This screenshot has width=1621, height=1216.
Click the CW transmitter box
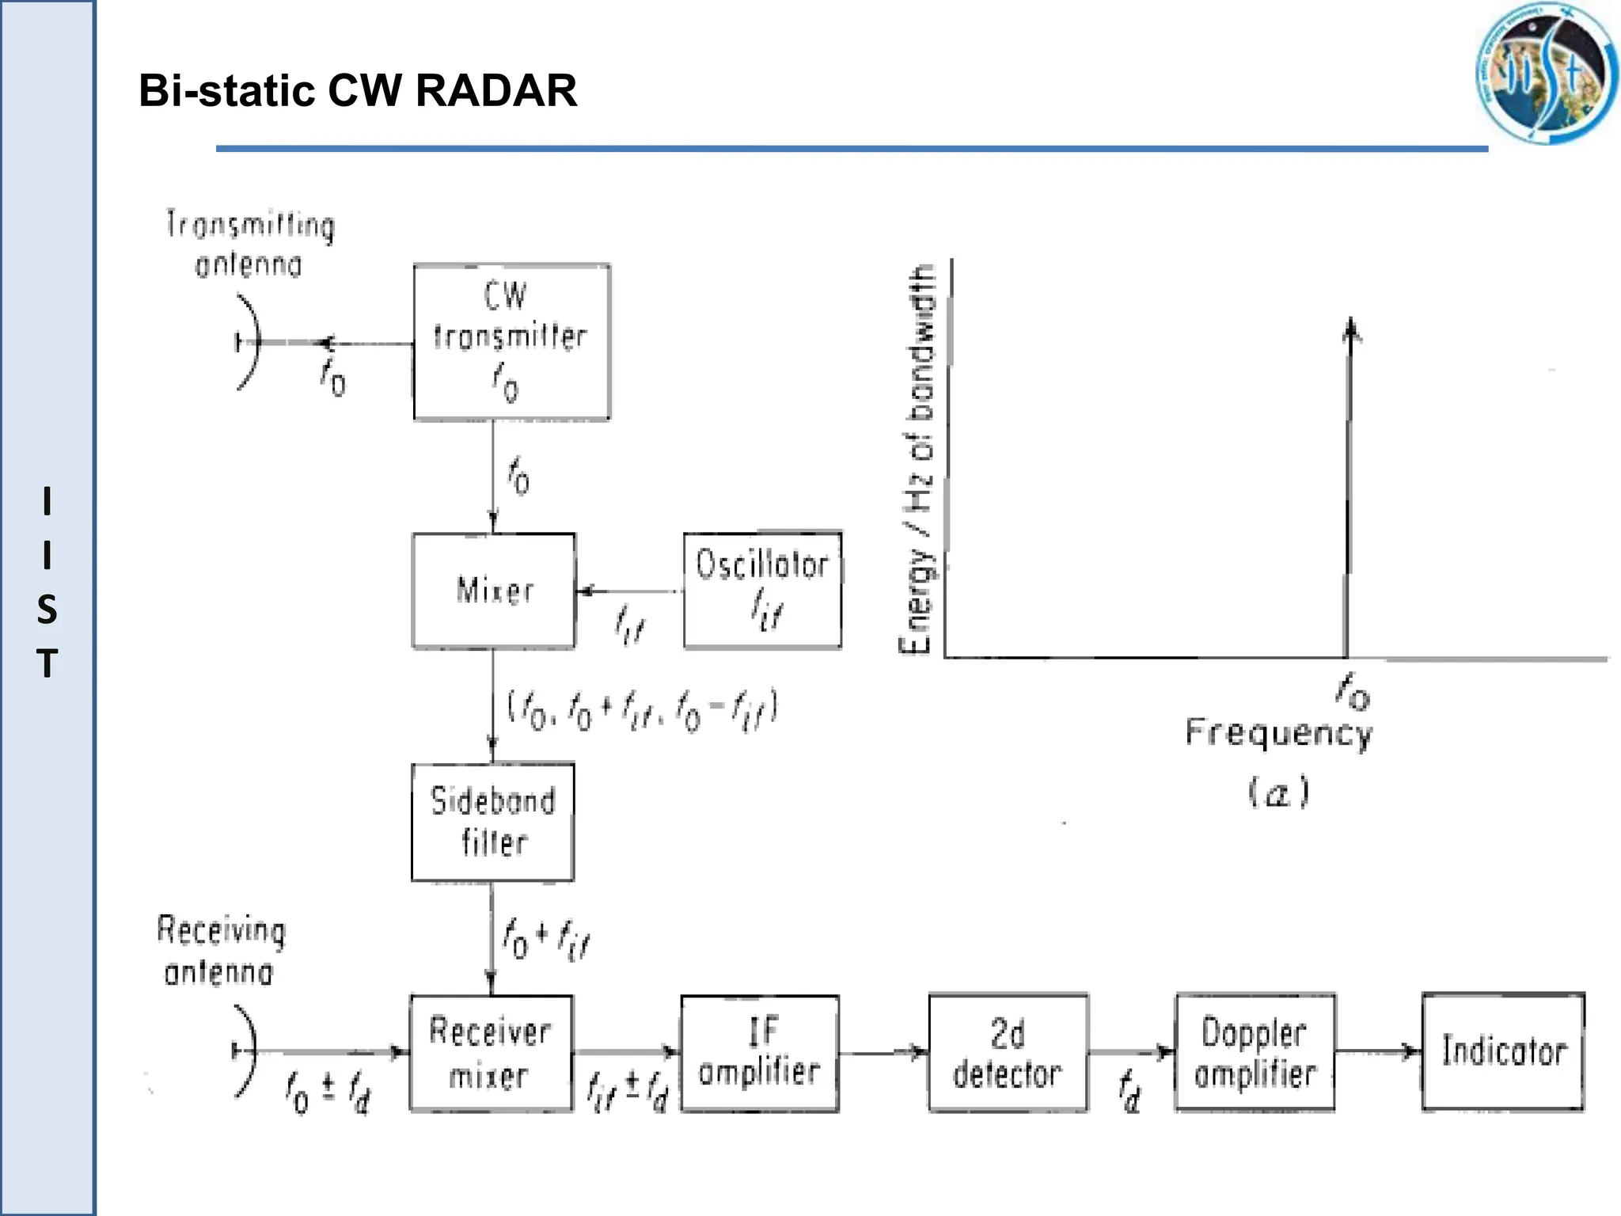(x=511, y=341)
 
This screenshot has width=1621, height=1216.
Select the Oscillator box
(x=762, y=590)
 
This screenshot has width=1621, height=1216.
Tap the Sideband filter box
(x=492, y=822)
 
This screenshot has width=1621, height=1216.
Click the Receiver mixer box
(x=491, y=1053)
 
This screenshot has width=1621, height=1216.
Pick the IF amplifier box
(x=760, y=1053)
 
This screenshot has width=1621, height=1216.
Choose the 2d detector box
(x=1008, y=1053)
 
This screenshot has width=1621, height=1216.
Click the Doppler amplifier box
(x=1255, y=1053)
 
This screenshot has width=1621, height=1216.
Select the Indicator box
(x=1502, y=1051)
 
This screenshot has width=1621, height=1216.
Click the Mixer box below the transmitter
(x=494, y=591)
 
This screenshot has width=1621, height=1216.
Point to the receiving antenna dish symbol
(x=246, y=1051)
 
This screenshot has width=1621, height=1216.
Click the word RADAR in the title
(x=496, y=90)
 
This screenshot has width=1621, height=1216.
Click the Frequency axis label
(x=1277, y=733)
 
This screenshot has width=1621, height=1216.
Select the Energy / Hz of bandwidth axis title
(x=918, y=459)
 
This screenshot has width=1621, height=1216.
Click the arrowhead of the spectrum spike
(x=1351, y=329)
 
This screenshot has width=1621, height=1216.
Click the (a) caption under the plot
(x=1277, y=792)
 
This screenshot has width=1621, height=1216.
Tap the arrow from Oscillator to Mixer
(x=629, y=591)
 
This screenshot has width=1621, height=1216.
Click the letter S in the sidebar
(x=47, y=610)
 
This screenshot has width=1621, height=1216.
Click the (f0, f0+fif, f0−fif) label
(x=641, y=709)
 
